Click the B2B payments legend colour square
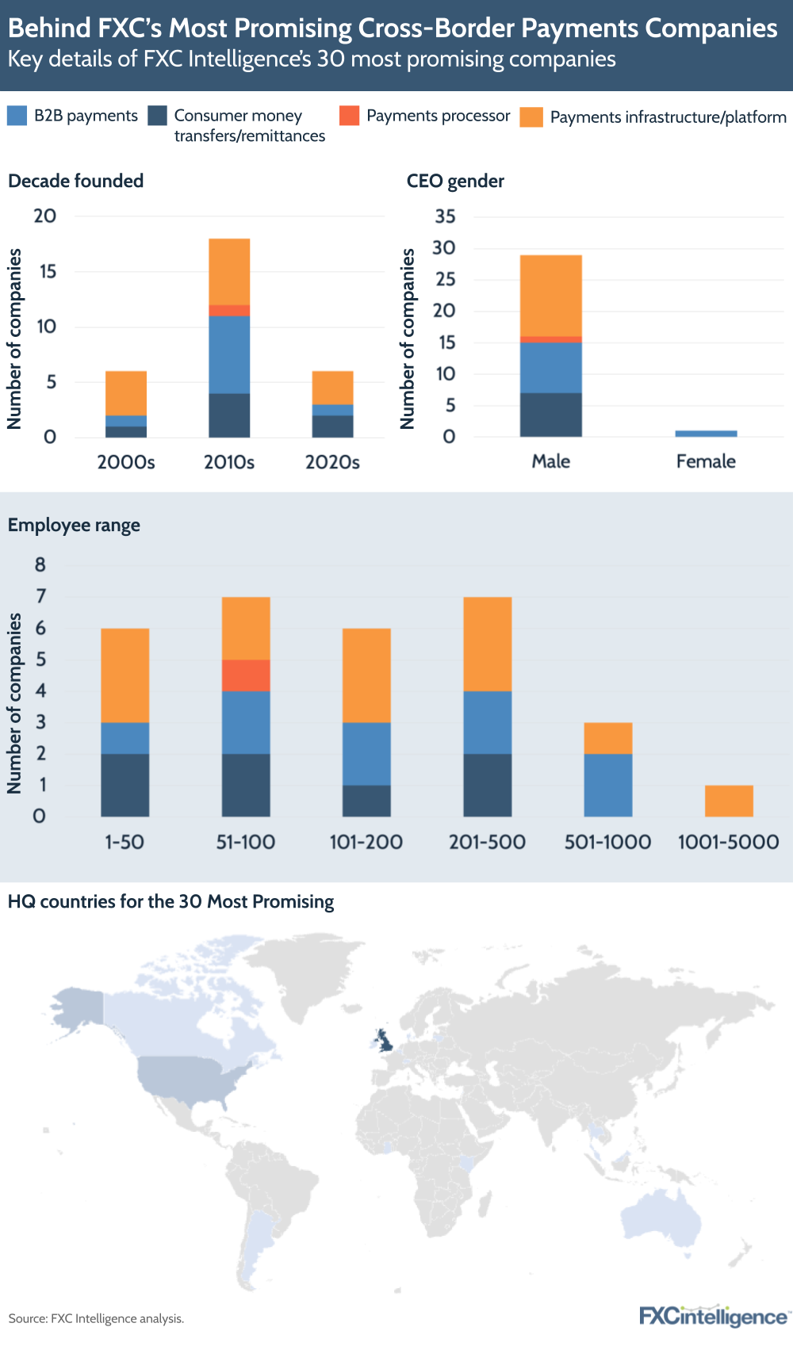[x=17, y=116]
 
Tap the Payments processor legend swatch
[x=349, y=116]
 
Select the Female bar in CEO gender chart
[x=706, y=434]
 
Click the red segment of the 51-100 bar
[x=246, y=675]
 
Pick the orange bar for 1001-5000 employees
[x=728, y=801]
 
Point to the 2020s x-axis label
[x=332, y=462]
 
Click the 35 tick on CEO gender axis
[x=445, y=216]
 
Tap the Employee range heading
[x=74, y=525]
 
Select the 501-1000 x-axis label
[x=607, y=842]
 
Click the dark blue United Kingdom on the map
[x=385, y=1040]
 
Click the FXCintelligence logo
[x=713, y=1317]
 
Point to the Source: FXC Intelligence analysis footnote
[x=96, y=1319]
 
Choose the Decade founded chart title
[x=76, y=181]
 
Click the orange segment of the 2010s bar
[x=229, y=271]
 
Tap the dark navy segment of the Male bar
[x=550, y=415]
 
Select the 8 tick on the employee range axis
[x=40, y=565]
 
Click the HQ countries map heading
[x=170, y=901]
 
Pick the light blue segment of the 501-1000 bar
[x=607, y=785]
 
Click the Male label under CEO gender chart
[x=550, y=461]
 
